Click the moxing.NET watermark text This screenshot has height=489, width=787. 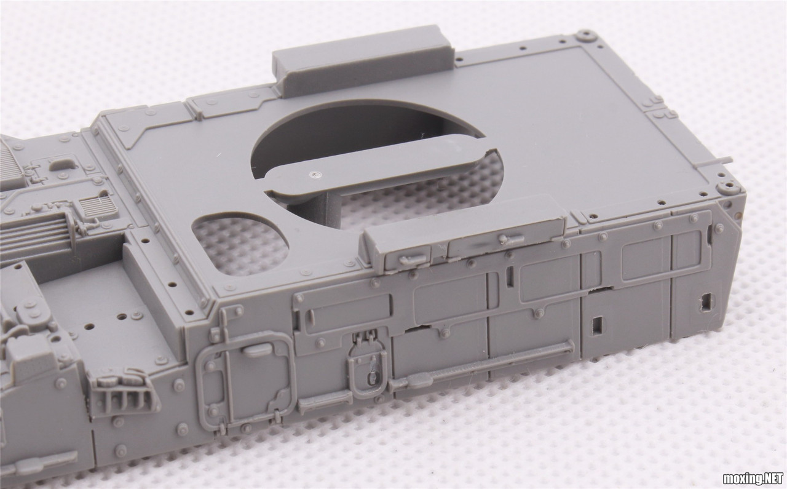753,479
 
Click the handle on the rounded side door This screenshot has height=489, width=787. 258,351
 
